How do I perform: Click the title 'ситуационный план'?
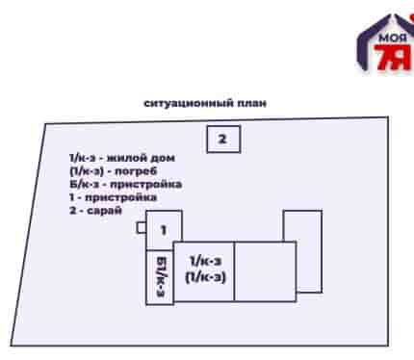tap(205, 103)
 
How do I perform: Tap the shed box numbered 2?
tap(223, 139)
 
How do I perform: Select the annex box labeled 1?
tap(164, 230)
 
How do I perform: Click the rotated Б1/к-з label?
tap(161, 276)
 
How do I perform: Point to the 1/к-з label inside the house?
tap(205, 261)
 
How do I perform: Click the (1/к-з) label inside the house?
tap(205, 276)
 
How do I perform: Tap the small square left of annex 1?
tap(142, 227)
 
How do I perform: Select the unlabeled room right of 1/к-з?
tap(266, 271)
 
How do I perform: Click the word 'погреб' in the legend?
tap(136, 171)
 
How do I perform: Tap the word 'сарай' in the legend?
tap(105, 211)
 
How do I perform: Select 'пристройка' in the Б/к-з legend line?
tap(146, 185)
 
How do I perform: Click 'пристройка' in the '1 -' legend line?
tap(121, 197)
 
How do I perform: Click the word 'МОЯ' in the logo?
tap(393, 38)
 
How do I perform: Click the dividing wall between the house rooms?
tap(234, 271)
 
